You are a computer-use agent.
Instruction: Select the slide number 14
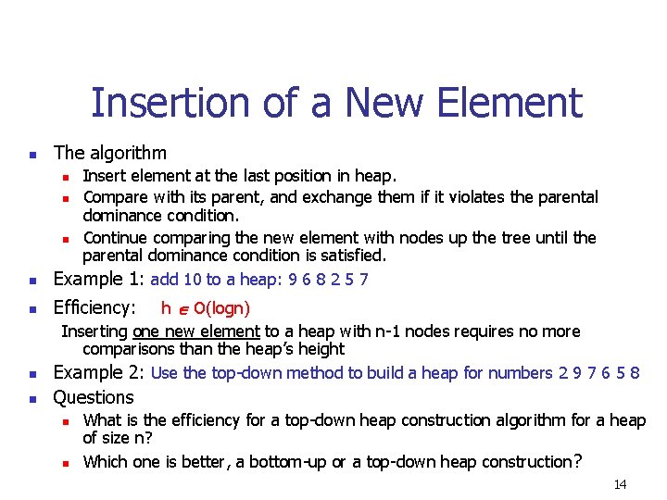(620, 484)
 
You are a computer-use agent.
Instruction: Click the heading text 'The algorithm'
(110, 153)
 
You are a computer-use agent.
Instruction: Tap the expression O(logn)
(215, 307)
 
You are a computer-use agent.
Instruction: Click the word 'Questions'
(94, 397)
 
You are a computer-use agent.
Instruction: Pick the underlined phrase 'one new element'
(196, 331)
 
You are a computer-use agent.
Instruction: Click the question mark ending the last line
(578, 461)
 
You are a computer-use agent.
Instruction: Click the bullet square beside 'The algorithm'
(31, 154)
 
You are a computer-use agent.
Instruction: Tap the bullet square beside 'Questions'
(31, 398)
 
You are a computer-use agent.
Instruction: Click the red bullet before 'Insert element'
(67, 176)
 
